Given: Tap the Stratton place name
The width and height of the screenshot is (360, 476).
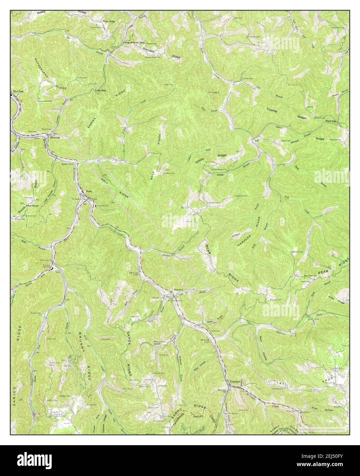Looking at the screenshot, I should point(55,137).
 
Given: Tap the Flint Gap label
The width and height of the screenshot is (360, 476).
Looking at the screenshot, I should point(331,121).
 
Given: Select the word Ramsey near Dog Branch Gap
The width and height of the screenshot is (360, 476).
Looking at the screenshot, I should point(149,50).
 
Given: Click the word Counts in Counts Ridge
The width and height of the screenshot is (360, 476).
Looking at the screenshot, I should point(272,111).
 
